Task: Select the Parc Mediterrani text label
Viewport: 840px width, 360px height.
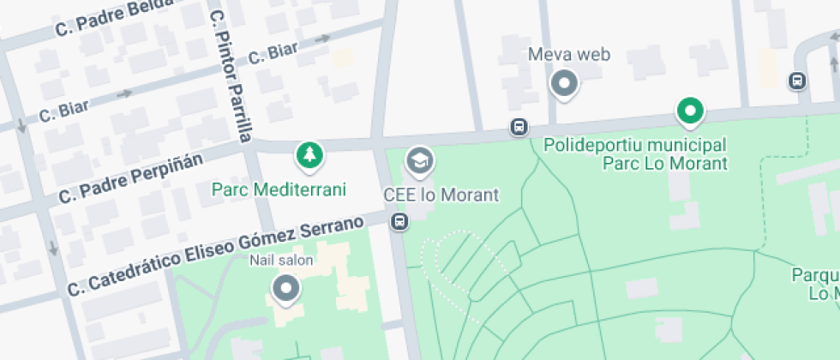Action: [279, 189]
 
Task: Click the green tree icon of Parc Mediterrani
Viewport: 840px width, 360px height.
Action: [309, 155]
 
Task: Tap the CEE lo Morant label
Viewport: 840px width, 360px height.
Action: [441, 195]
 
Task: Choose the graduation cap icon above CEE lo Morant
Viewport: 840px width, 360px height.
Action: [419, 159]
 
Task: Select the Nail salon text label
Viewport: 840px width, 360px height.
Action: [281, 260]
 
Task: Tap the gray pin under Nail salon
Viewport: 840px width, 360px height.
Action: [285, 288]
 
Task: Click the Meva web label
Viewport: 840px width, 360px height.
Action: [568, 55]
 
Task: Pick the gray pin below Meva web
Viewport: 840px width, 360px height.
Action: [564, 84]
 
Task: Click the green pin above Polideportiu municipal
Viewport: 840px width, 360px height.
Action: [690, 111]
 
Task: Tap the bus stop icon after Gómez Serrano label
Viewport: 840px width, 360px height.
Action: [399, 222]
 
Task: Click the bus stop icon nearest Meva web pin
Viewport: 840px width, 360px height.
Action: [519, 127]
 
